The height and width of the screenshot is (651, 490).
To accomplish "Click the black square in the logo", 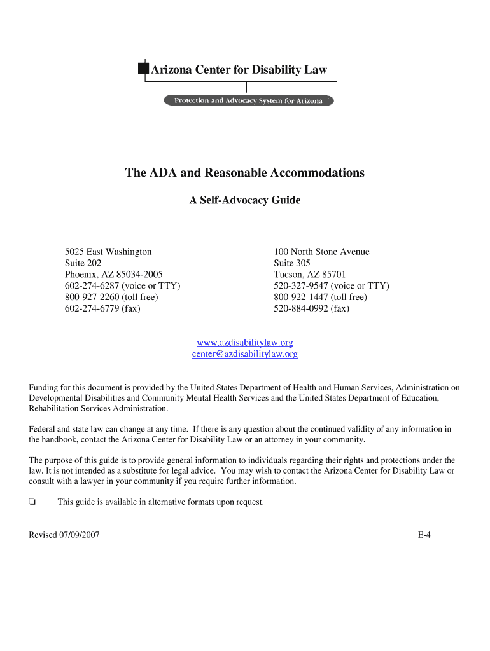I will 143,69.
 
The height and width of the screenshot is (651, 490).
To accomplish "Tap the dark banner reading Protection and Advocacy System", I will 249,100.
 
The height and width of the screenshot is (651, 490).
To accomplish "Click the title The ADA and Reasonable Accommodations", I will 245,173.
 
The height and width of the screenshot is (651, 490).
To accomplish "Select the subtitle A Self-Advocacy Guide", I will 245,200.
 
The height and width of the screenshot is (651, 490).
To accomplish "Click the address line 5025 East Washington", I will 108,252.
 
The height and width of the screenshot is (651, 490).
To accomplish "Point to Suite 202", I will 83,263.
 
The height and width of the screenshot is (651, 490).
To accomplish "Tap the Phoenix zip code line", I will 114,275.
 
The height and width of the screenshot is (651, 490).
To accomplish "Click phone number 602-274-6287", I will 122,286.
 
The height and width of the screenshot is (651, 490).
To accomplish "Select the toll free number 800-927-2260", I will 111,298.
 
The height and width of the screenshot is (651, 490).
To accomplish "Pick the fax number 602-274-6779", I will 102,309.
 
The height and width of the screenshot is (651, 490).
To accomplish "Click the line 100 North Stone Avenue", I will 321,252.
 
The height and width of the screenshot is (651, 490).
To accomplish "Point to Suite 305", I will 292,263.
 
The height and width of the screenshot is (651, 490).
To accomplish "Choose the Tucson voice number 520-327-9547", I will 331,286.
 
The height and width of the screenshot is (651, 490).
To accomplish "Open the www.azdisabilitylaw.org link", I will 245,343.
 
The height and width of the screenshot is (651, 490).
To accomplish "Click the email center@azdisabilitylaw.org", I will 245,354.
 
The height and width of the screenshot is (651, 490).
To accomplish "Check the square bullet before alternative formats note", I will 32,502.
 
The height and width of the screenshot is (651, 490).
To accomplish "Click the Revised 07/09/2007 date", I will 64,535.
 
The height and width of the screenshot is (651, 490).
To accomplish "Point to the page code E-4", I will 424,535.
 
